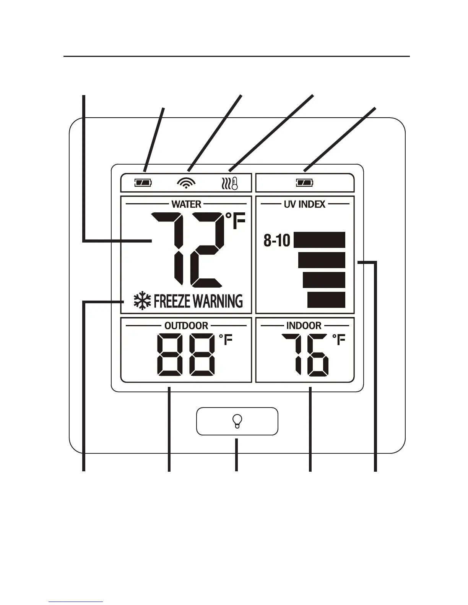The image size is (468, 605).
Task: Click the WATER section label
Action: pos(186,204)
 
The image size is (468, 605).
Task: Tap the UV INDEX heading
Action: pos(304,204)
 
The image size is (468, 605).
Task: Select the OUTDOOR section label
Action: pos(186,326)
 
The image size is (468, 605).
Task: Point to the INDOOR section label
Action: pos(304,326)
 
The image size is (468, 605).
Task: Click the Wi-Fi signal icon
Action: pos(186,184)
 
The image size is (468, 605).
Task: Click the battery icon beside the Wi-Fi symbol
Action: pos(143,183)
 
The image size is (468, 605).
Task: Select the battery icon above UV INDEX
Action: pos(304,183)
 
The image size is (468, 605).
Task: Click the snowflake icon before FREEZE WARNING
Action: pos(142,301)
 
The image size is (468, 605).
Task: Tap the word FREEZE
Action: pos(172,301)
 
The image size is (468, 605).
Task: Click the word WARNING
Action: pos(217,301)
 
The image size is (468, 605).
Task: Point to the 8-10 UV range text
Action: pos(277,241)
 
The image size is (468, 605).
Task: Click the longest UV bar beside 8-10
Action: pos(320,240)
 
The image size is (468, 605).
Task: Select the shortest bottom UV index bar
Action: pos(327,300)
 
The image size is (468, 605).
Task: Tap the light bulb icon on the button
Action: pos(237,421)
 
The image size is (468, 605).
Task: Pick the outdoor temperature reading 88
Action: pos(186,354)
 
